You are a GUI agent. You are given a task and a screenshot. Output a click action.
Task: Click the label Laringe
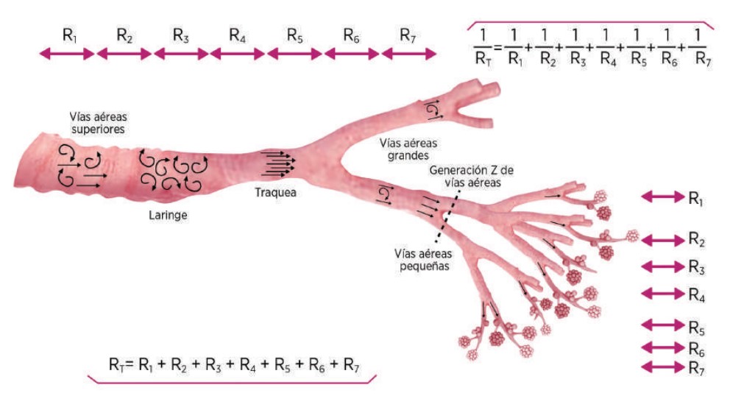(166, 216)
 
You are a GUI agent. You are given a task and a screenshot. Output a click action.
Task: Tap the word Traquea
(276, 194)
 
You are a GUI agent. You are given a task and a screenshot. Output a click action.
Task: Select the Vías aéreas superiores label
(96, 122)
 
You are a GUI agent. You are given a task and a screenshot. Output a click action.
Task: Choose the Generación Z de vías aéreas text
(472, 176)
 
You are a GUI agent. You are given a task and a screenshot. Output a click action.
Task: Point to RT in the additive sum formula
(116, 364)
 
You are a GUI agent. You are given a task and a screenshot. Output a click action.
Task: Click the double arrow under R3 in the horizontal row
(181, 53)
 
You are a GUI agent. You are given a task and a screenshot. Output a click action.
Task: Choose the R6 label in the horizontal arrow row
(351, 35)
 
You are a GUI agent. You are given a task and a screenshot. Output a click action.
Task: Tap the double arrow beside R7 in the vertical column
(662, 366)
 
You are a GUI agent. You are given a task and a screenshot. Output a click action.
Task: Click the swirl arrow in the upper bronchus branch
(432, 110)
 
